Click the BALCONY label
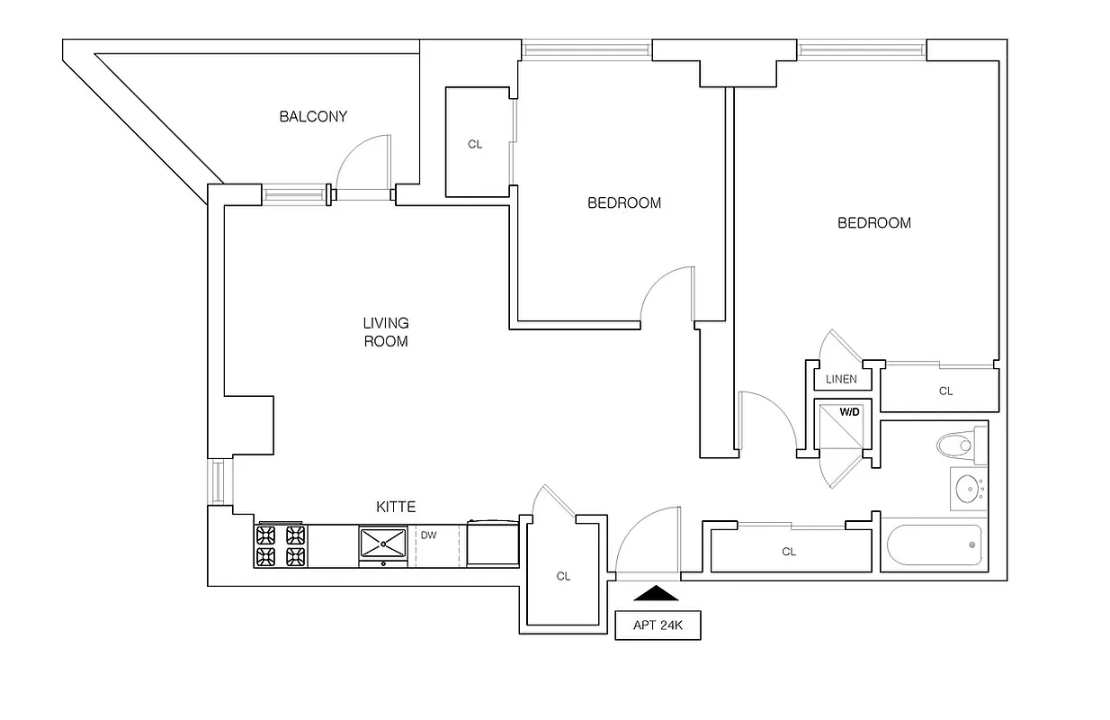312,117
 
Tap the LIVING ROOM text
385,332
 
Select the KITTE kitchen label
396,508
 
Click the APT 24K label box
658,625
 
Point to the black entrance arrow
658,593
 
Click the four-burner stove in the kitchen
281,545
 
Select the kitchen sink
385,544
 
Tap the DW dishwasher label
429,535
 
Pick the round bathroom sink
967,490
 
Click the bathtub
934,545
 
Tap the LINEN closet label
841,380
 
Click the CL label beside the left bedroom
475,144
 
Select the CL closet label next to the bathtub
789,552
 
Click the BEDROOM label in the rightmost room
873,223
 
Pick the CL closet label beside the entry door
563,577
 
